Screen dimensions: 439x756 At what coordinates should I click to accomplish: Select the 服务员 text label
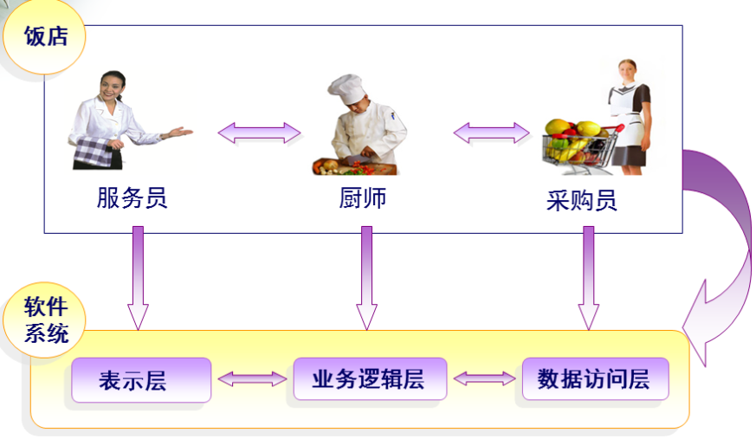132,198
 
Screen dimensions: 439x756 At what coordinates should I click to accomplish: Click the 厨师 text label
362,198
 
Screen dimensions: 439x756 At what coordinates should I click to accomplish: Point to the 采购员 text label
582,201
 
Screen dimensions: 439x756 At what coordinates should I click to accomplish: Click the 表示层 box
140,380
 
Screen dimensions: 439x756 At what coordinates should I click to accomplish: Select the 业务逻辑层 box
369,378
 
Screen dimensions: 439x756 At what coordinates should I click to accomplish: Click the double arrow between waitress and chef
259,132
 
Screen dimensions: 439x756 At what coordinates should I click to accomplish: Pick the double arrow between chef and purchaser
491,132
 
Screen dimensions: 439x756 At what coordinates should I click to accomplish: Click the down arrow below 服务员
138,277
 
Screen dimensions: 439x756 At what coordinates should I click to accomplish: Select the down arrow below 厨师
366,277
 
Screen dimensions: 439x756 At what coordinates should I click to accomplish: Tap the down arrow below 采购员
589,277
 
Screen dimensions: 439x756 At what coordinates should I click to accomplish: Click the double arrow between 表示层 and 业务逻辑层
252,378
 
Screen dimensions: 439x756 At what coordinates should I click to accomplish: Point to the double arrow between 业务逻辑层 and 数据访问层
484,378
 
